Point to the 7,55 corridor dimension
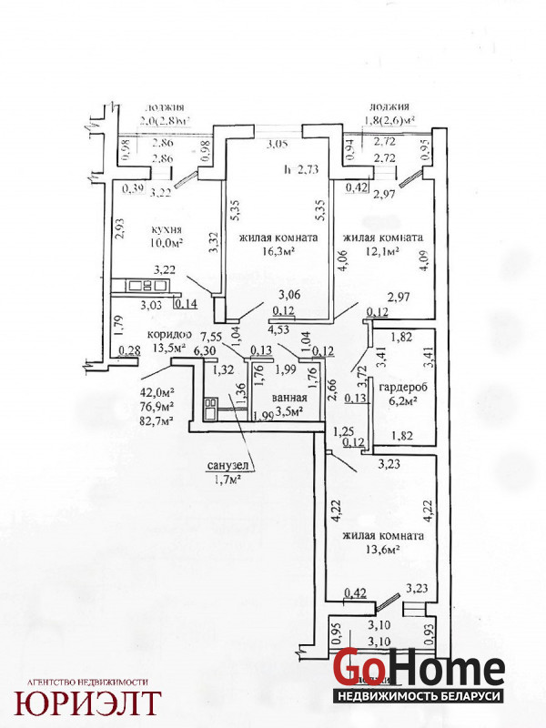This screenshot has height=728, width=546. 212,335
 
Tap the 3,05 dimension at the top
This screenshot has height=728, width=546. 277,144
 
